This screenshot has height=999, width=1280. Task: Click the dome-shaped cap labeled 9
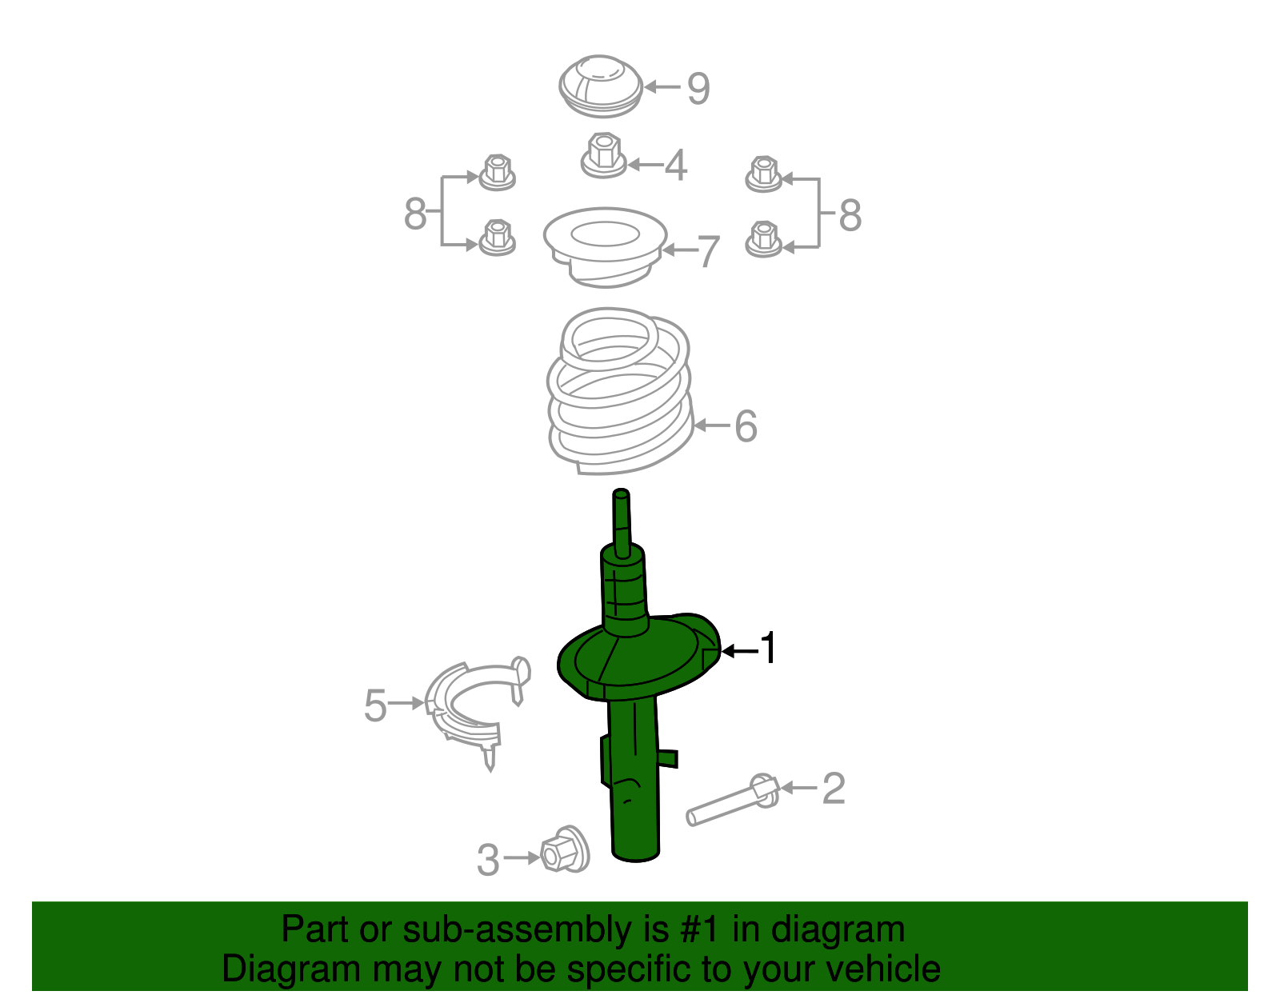[x=601, y=86]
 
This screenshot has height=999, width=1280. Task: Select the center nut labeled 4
[x=603, y=155]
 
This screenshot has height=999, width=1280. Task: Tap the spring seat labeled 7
[x=605, y=246]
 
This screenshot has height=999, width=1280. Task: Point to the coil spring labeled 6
[x=620, y=390]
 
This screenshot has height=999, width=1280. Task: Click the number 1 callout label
[x=768, y=648]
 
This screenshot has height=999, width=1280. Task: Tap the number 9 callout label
[x=698, y=89]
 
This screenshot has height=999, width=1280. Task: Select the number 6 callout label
[x=746, y=426]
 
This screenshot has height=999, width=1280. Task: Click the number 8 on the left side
[x=414, y=213]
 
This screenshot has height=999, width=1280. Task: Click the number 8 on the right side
[x=850, y=215]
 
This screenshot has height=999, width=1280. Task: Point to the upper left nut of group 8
[x=497, y=173]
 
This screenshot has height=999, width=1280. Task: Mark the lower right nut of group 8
[x=763, y=239]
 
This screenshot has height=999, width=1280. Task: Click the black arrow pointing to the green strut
[x=740, y=650]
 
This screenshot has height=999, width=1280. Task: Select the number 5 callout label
[x=375, y=705]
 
